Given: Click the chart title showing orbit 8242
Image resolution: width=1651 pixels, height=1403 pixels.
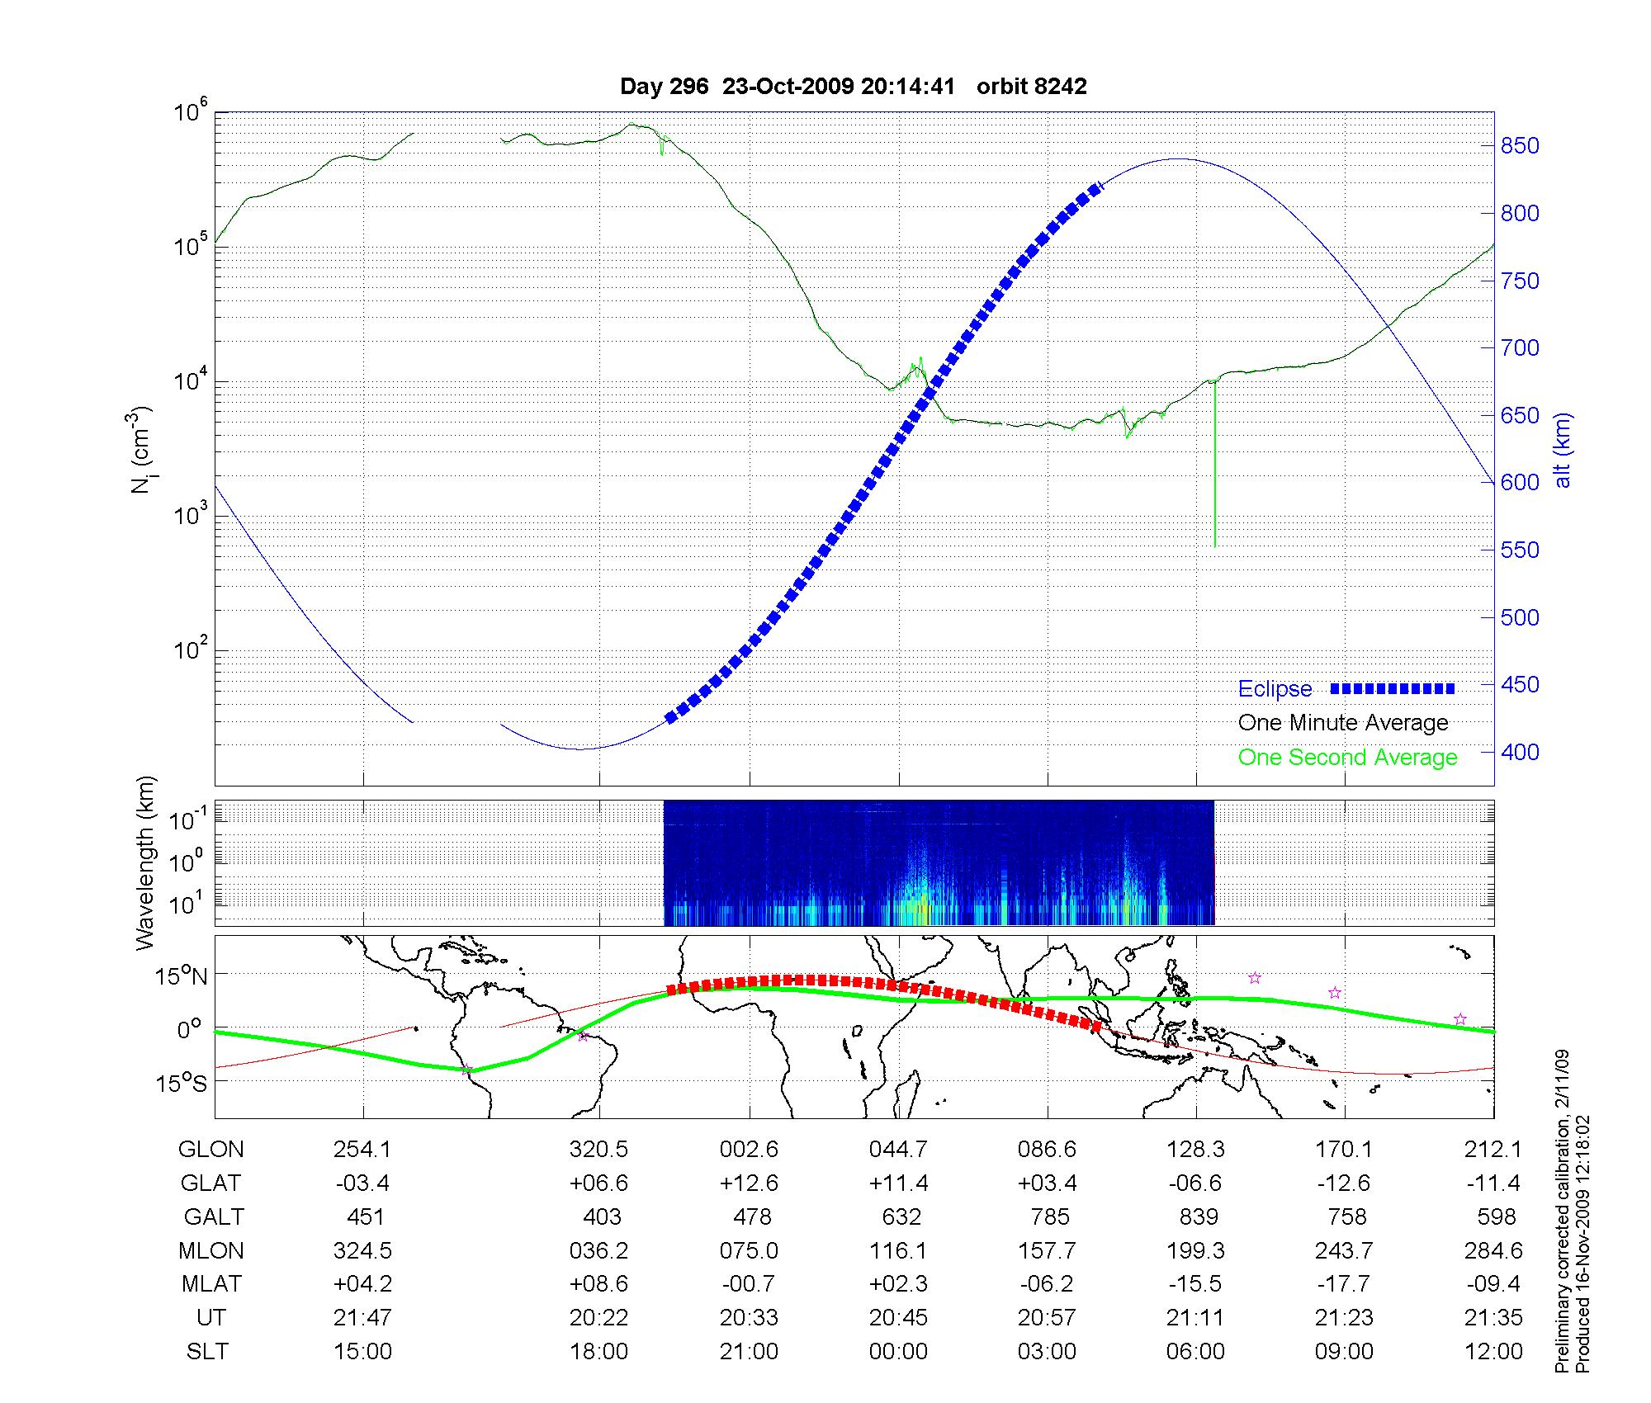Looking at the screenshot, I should pos(853,86).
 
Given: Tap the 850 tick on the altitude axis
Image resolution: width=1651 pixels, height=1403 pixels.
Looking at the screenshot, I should pos(1519,146).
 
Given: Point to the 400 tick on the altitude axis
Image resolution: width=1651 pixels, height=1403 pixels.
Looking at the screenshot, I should pos(1519,752).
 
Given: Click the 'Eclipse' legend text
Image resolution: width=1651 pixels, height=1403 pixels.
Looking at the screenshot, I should pos(1275,689).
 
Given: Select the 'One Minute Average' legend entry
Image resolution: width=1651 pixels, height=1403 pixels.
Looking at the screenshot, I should pos(1343,723).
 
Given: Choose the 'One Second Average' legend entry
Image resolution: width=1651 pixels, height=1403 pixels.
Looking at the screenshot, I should pos(1347,758).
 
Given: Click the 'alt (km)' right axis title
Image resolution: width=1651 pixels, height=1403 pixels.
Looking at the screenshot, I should pos(1562,450).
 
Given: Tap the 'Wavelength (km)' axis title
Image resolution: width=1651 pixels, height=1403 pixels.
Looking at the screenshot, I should pos(145,863).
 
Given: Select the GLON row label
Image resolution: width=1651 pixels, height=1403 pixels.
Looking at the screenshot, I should pos(211,1150).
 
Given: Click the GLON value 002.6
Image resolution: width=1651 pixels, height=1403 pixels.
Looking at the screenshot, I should pos(749,1150).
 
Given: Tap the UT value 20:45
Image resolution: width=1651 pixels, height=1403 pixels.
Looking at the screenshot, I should pos(898,1318).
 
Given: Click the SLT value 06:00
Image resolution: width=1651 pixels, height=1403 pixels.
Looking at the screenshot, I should pos(1195,1352).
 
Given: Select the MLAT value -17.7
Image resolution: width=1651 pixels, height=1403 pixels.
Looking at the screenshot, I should pos(1344,1284).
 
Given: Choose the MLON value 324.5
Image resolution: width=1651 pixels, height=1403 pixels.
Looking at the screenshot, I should pos(362,1251).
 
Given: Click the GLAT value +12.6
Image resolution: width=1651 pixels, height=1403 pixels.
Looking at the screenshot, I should pos(749,1183).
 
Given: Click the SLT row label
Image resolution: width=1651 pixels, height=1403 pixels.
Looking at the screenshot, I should pos(207,1352).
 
